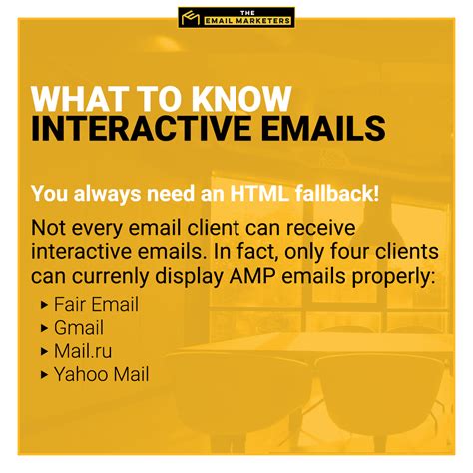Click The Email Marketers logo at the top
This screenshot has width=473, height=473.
pyautogui.click(x=236, y=17)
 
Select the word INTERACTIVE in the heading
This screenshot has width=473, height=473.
pyautogui.click(x=141, y=129)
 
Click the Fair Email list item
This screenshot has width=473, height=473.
pyautogui.click(x=96, y=305)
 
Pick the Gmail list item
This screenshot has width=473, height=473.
pyautogui.click(x=79, y=328)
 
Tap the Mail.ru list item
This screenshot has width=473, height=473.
pyautogui.click(x=83, y=351)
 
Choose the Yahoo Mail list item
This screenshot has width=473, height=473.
pyautogui.click(x=101, y=375)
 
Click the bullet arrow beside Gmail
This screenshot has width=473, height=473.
pyautogui.click(x=45, y=328)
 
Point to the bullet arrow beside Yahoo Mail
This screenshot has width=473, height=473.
pyautogui.click(x=45, y=375)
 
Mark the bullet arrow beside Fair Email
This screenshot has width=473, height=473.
pyautogui.click(x=45, y=305)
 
